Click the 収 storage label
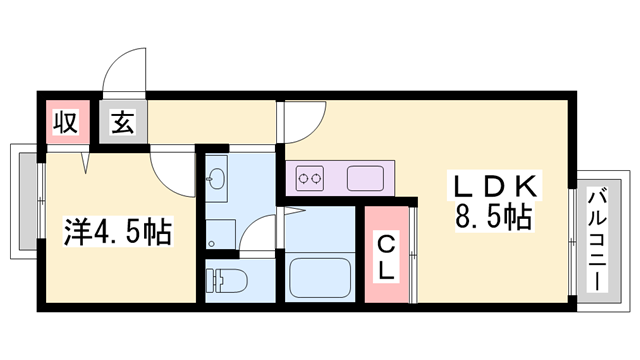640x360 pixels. click(67, 124)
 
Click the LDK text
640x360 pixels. click(498, 186)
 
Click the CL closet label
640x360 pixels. click(386, 255)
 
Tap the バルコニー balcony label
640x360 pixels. click(597, 240)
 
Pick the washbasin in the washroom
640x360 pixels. click(218, 180)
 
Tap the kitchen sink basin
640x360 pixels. click(365, 180)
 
